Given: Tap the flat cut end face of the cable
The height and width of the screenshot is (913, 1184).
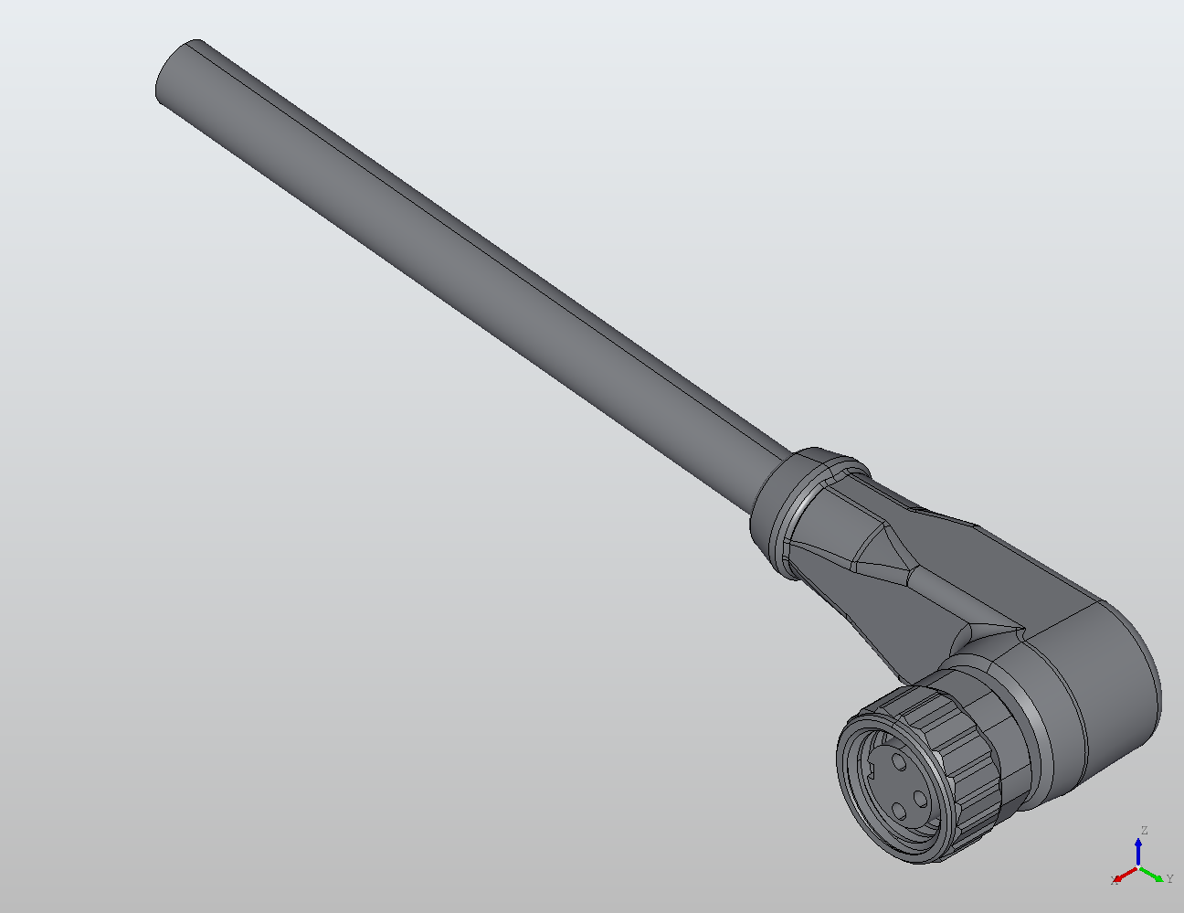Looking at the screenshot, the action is coord(175,72).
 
